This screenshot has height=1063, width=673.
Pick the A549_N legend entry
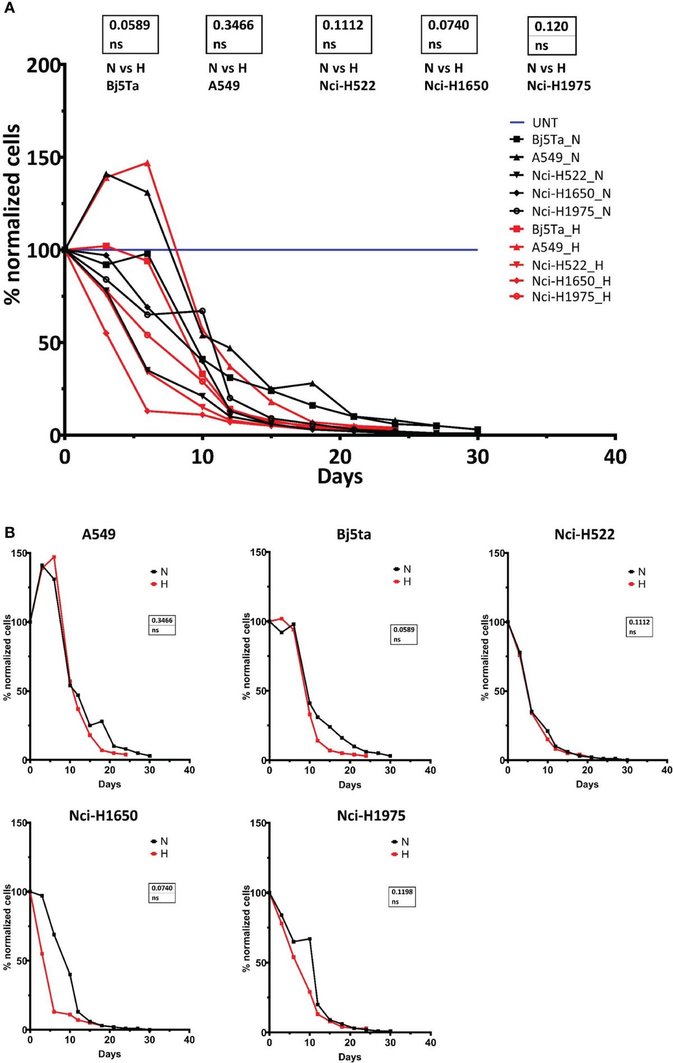555,158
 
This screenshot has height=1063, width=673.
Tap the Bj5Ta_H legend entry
555,229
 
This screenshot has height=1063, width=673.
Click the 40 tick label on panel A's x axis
615,457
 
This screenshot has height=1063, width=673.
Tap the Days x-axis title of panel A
340,476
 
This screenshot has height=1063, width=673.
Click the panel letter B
9,532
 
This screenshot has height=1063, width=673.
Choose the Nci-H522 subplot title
584,535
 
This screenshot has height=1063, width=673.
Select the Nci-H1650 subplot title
103,815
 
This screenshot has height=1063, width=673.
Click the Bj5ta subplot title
354,535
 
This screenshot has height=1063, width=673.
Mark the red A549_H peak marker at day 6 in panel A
147,163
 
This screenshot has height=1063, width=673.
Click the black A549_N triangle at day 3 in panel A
107,174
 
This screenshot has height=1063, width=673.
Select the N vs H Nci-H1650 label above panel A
456,77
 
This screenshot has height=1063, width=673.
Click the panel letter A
9,9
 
